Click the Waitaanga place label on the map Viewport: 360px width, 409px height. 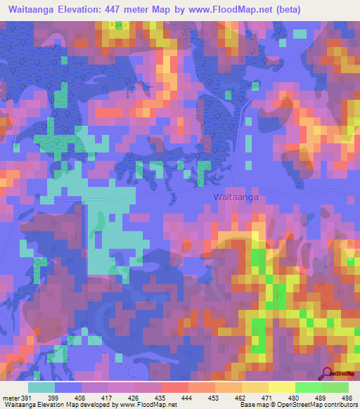point(236,198)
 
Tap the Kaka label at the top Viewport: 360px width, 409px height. point(118,24)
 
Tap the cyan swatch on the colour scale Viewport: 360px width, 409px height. point(42,387)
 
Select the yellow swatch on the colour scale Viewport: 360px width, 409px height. point(282,387)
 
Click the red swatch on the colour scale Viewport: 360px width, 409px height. point(175,387)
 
